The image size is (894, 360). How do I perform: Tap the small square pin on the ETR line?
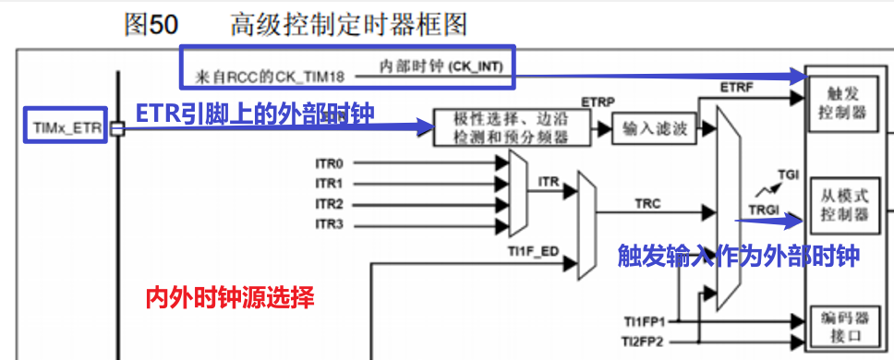(117, 129)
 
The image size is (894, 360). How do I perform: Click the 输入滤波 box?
(656, 129)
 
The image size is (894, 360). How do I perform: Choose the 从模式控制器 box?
(846, 206)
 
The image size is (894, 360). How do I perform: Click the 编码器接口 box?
(846, 329)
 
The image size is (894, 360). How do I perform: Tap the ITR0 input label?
(329, 162)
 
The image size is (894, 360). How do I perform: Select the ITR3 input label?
(329, 224)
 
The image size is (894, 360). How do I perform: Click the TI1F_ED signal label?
(532, 250)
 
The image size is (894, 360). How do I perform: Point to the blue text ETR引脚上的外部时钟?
(260, 113)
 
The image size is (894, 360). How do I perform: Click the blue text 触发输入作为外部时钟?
(738, 256)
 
